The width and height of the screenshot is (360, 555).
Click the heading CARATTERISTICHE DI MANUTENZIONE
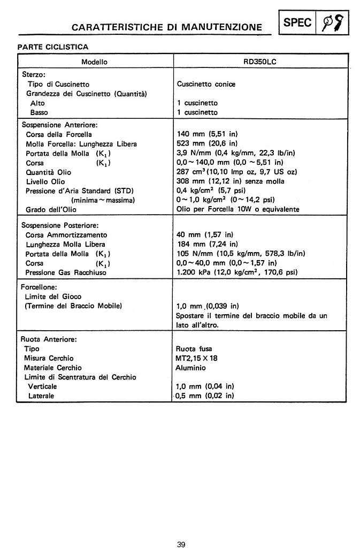click(167, 26)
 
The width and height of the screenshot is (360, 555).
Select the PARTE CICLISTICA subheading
click(52, 47)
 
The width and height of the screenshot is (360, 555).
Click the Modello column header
click(94, 62)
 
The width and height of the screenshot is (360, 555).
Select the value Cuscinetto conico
click(205, 84)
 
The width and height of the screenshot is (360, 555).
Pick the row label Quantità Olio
click(49, 172)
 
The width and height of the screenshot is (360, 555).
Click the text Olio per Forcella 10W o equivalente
click(246, 209)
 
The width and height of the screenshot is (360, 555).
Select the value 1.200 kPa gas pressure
click(237, 272)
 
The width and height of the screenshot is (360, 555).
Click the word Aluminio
click(190, 368)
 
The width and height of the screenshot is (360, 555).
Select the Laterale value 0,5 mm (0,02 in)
click(205, 396)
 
